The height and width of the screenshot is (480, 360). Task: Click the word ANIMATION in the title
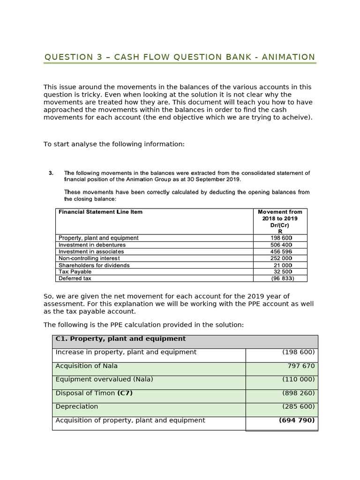[288, 57]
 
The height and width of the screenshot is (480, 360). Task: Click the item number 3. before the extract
[51, 173]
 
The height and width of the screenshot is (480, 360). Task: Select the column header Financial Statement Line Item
[100, 212]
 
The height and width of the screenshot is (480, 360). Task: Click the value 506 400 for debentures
[281, 245]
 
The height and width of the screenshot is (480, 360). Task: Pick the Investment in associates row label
[91, 252]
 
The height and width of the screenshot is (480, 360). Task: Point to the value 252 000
[281, 258]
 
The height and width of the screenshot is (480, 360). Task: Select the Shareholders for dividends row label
[94, 265]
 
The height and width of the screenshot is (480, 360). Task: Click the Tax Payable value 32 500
[283, 272]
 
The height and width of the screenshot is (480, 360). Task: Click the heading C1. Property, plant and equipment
[120, 339]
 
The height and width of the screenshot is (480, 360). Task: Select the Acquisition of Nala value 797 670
[301, 366]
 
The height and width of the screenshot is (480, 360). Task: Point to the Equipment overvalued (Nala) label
[104, 379]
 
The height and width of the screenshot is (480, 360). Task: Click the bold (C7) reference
[125, 393]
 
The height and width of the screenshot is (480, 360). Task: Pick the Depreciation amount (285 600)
[298, 407]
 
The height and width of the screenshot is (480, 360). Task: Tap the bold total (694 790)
[297, 420]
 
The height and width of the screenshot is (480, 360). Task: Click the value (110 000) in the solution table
[298, 379]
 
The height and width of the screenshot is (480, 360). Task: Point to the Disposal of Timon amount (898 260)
[298, 393]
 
